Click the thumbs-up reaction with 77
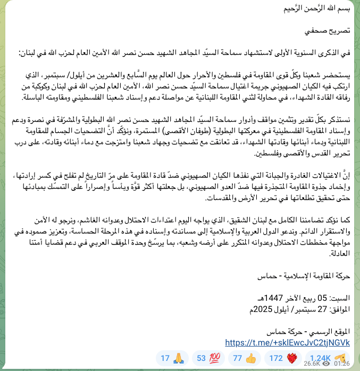coord(244,358)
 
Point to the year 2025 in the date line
coord(258,309)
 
